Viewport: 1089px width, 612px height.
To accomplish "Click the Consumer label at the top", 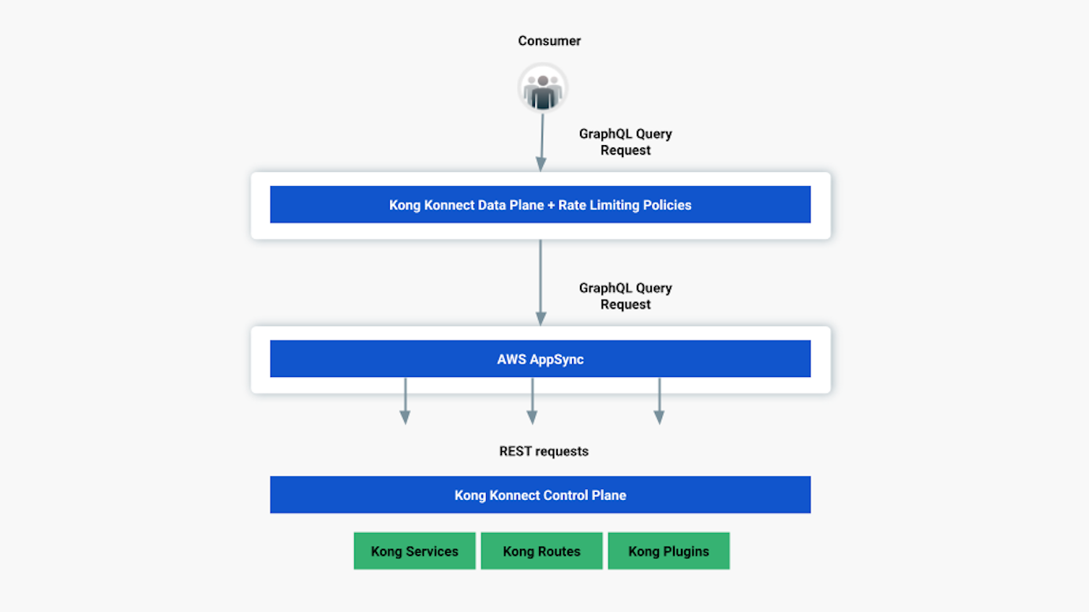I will click(x=549, y=41).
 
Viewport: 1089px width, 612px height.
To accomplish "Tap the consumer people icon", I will click(x=543, y=88).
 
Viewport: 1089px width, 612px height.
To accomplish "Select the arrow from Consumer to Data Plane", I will click(x=542, y=142).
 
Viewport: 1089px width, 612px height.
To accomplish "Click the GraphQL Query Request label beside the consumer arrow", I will click(x=625, y=142).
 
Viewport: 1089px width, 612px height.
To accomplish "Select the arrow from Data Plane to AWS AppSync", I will click(x=541, y=282).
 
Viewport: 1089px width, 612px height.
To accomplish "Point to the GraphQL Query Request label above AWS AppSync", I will click(x=625, y=297).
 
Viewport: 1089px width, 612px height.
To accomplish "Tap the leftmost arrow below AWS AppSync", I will click(x=405, y=401).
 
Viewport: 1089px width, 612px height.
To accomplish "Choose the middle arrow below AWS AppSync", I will click(x=532, y=401).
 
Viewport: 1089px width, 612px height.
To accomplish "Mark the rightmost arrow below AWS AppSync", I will click(x=659, y=401).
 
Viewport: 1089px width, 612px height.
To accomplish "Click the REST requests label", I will click(x=544, y=452).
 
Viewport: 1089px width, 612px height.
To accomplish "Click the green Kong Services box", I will click(x=414, y=551).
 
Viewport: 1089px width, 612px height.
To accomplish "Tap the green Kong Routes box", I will click(x=541, y=551).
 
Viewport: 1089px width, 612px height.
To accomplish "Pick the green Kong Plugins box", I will click(x=668, y=551).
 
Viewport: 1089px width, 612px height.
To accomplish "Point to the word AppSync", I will click(x=557, y=360).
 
